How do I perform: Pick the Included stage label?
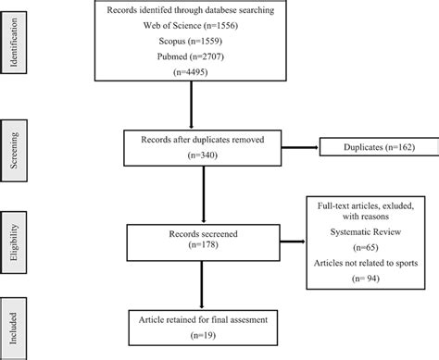tap(12, 325)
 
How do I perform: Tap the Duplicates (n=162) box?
tap(373, 146)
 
